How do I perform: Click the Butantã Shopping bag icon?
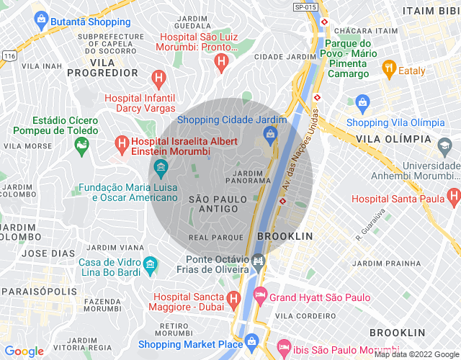coord(40,18)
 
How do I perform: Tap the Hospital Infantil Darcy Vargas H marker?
coord(159,77)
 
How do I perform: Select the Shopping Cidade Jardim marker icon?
coord(269,133)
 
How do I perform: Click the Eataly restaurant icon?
coord(390,70)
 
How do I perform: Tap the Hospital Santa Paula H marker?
coord(453,195)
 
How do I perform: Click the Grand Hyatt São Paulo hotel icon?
coord(260,296)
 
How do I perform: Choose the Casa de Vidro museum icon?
coord(151,266)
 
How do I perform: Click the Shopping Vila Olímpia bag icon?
coord(362,102)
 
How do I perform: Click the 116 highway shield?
coord(9,55)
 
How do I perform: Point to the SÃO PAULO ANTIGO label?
coord(212,203)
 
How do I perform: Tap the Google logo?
coord(24,351)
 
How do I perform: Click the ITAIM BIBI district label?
coord(430,11)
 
